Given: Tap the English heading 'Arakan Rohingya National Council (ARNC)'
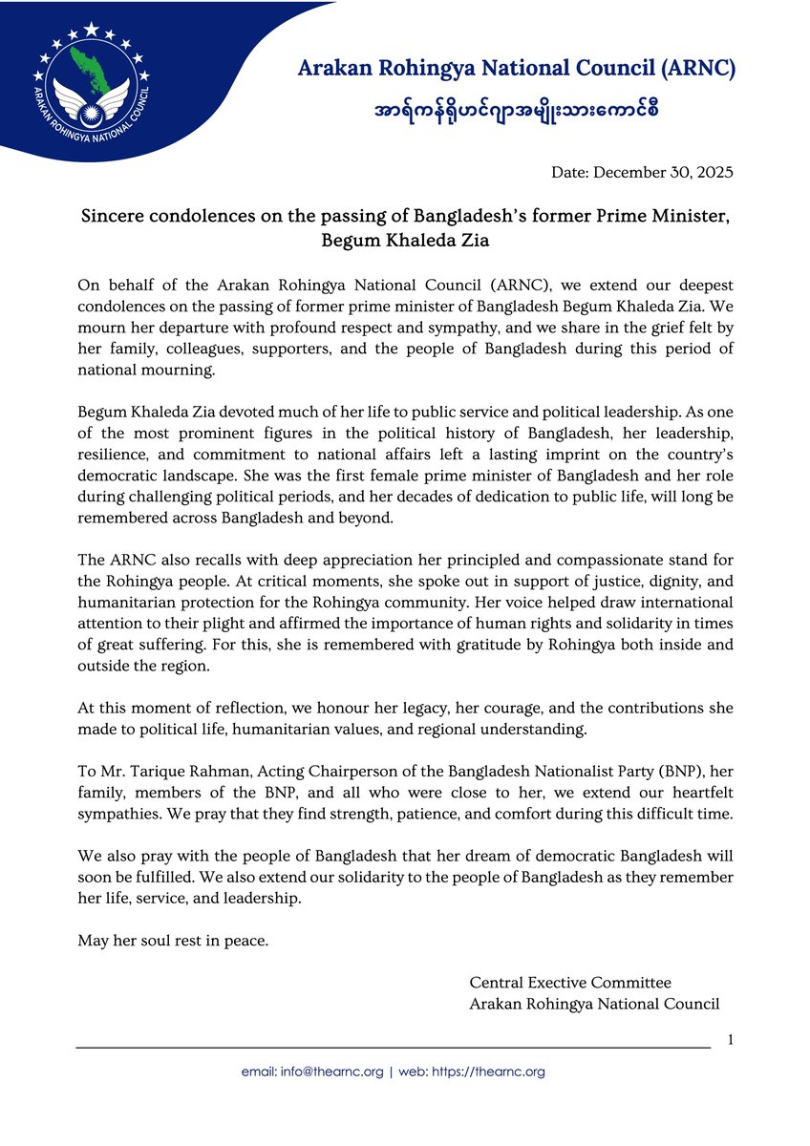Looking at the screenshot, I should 517,68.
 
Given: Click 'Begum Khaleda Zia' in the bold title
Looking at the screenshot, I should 407,241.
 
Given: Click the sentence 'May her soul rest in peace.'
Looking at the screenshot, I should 173,941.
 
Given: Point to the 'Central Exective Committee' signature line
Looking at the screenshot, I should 570,983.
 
